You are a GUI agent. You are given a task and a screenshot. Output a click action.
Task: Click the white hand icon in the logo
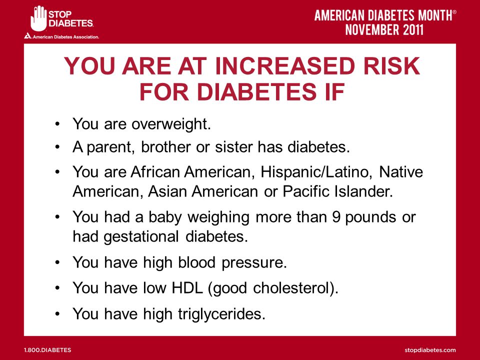pos(38,18)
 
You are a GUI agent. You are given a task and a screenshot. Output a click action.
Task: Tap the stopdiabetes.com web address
pos(430,350)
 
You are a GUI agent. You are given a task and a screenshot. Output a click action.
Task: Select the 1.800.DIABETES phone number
pos(47,350)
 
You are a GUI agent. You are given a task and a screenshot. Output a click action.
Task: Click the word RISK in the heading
pos(391,66)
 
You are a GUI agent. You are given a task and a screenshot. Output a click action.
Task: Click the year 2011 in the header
pos(413,29)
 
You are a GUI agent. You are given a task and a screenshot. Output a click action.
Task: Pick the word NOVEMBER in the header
pos(372,29)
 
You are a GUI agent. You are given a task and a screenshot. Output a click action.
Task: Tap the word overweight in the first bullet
pos(171,124)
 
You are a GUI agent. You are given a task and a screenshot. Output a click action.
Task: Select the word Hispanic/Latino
pos(314,171)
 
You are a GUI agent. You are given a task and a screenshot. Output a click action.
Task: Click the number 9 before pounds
pos(336,217)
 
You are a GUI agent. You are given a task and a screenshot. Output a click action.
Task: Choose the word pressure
pos(254,263)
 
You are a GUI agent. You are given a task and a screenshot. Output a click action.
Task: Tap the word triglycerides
pos(221,314)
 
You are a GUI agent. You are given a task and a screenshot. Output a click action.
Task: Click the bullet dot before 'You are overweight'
pos(57,124)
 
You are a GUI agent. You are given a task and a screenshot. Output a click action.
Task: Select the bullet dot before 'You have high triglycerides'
pos(57,314)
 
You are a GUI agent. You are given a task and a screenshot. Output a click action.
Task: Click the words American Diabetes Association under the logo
pos(65,37)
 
